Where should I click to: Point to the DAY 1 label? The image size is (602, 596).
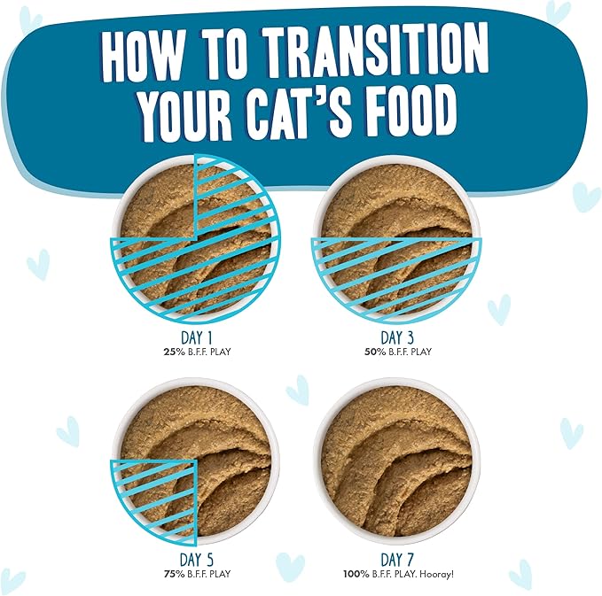pyautogui.click(x=195, y=338)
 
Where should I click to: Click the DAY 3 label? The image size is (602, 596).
pyautogui.click(x=396, y=338)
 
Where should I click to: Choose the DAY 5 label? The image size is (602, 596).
pyautogui.click(x=195, y=560)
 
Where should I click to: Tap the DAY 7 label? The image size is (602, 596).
pyautogui.click(x=396, y=560)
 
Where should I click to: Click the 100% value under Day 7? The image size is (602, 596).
pyautogui.click(x=355, y=574)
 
